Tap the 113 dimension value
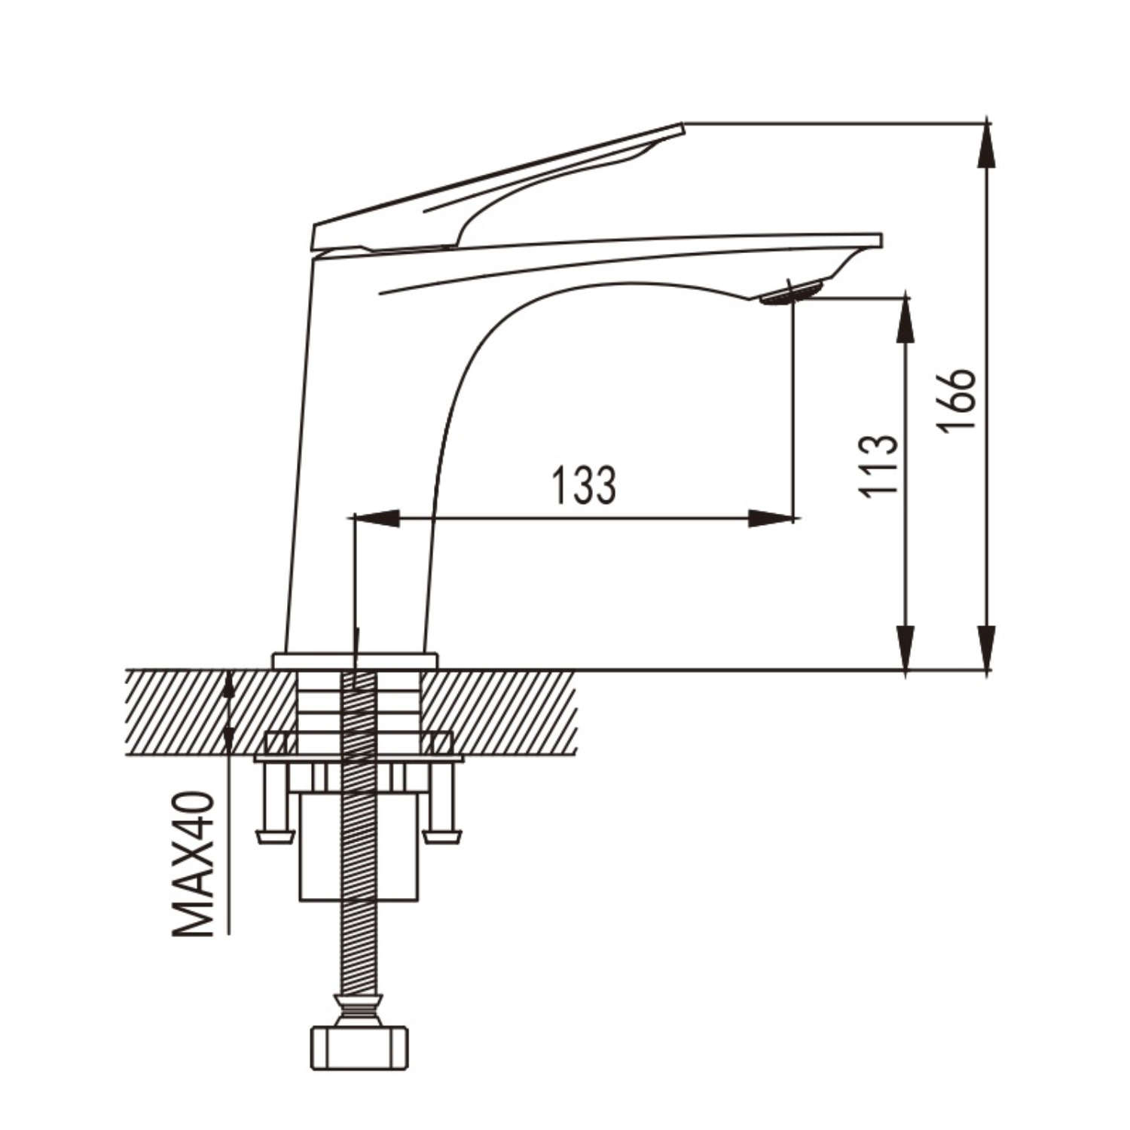coord(879,464)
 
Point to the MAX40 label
coord(194,863)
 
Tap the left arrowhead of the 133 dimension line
coord(376,518)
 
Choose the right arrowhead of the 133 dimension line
coord(771,518)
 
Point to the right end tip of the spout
coord(881,240)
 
